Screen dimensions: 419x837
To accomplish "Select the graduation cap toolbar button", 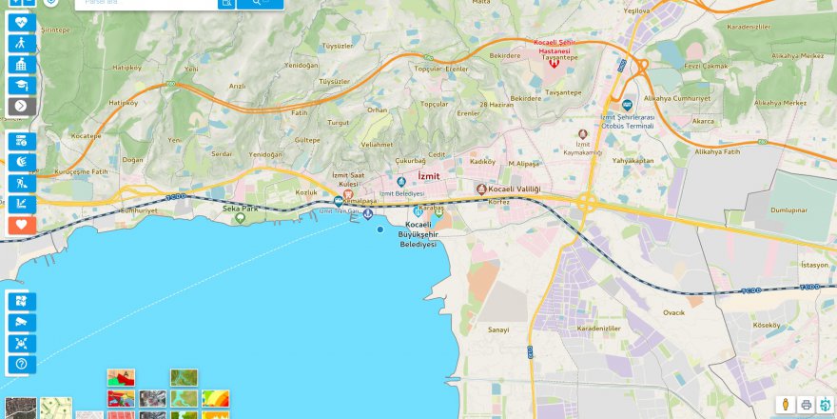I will [x=22, y=85].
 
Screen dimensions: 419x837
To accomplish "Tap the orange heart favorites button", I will [x=22, y=226].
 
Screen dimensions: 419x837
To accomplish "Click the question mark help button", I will [x=22, y=364].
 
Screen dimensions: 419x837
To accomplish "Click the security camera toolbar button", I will [x=22, y=322].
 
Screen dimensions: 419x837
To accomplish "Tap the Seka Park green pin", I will [x=240, y=218].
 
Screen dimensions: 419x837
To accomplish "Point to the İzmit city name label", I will [x=430, y=177].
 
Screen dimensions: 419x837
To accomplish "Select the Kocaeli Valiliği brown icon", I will [x=481, y=190].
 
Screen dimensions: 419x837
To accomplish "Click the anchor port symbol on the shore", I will [x=368, y=211].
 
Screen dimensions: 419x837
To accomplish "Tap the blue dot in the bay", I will [x=380, y=229].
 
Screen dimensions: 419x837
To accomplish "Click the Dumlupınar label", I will [x=788, y=209].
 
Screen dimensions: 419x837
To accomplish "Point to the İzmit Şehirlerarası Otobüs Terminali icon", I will [x=627, y=105].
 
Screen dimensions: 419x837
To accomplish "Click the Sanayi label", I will [x=498, y=329].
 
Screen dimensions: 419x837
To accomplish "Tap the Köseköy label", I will [x=766, y=325].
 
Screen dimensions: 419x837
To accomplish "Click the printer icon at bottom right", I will [x=806, y=405].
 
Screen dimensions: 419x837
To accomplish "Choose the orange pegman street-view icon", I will [x=786, y=405].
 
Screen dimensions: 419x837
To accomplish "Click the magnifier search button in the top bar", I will [x=260, y=3].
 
